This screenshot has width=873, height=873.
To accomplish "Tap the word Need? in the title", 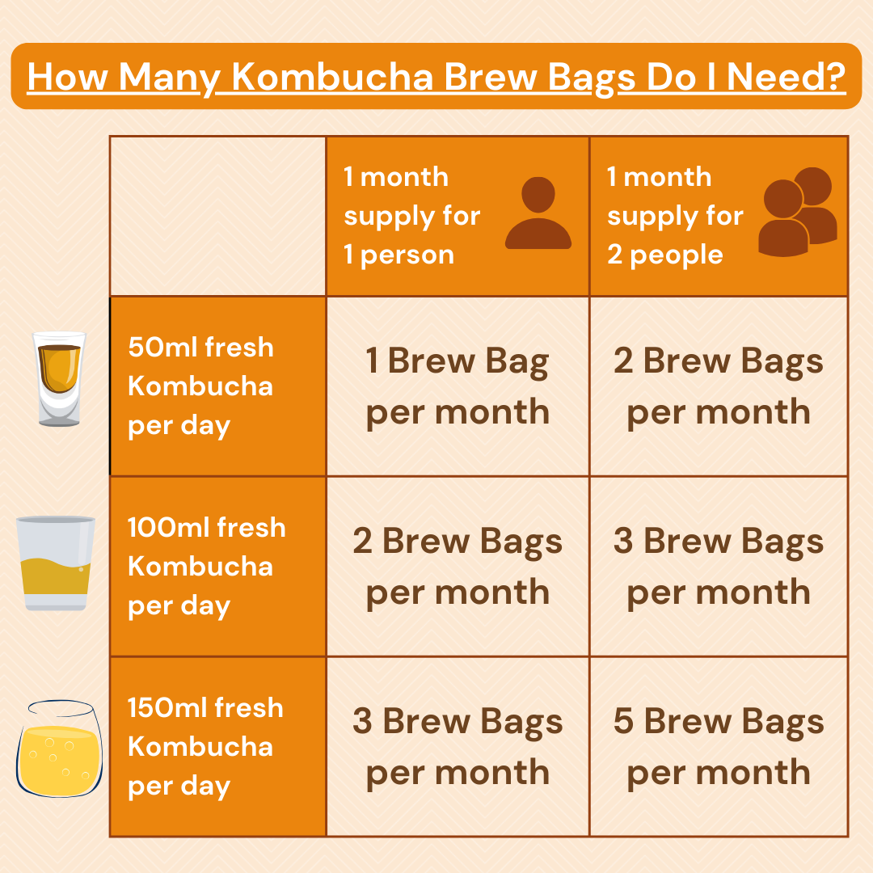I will [x=787, y=78].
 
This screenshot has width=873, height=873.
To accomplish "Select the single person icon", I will [x=538, y=213].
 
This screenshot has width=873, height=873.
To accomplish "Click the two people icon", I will [x=797, y=212].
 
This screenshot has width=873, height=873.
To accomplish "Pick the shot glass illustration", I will [x=59, y=378].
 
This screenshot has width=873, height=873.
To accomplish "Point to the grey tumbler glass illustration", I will [x=55, y=563].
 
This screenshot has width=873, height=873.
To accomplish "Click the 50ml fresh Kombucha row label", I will [x=200, y=386].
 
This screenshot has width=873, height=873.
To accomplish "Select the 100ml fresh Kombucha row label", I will [x=206, y=566].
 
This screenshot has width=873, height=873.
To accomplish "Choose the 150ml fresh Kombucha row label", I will [x=205, y=746].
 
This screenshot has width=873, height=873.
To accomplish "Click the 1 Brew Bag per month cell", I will [x=458, y=386].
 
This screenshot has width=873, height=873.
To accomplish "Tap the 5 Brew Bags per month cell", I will [x=719, y=747].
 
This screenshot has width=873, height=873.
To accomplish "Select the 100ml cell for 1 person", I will [x=458, y=567].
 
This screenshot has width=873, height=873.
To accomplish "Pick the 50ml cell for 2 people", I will [x=719, y=386].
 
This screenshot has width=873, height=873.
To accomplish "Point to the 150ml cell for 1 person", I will [x=458, y=747].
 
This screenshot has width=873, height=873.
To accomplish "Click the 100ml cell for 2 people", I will [x=719, y=567].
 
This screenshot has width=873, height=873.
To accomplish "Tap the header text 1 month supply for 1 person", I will [x=411, y=216].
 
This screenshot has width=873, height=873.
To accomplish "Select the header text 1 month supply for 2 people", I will [x=675, y=216].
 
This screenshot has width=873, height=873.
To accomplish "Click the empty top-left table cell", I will [x=217, y=216].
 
